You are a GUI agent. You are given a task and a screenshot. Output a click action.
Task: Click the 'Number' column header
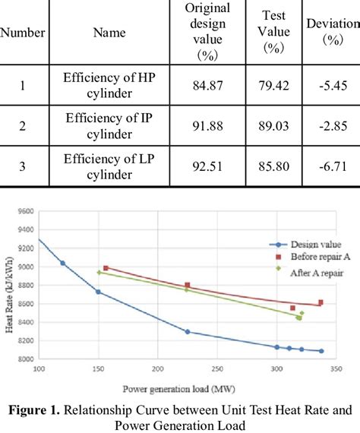23,33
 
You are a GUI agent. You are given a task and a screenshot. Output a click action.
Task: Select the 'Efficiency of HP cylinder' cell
109,85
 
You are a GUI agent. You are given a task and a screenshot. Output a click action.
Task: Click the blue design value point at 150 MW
98,292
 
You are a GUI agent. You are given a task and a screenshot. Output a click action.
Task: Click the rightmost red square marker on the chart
321,302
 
